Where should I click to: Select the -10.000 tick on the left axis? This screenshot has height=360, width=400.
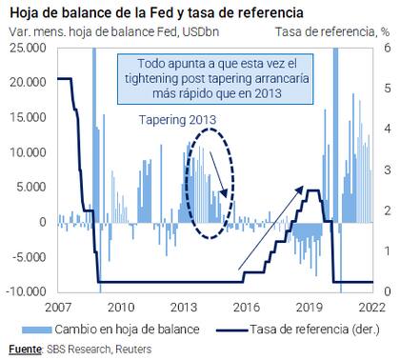click(x=26, y=291)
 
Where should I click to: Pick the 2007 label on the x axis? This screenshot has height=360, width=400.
click(x=58, y=308)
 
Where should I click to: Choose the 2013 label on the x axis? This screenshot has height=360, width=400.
click(x=183, y=308)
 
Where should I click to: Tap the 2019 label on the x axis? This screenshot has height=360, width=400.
click(x=310, y=308)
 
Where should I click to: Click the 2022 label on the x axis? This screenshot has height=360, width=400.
click(x=371, y=308)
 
